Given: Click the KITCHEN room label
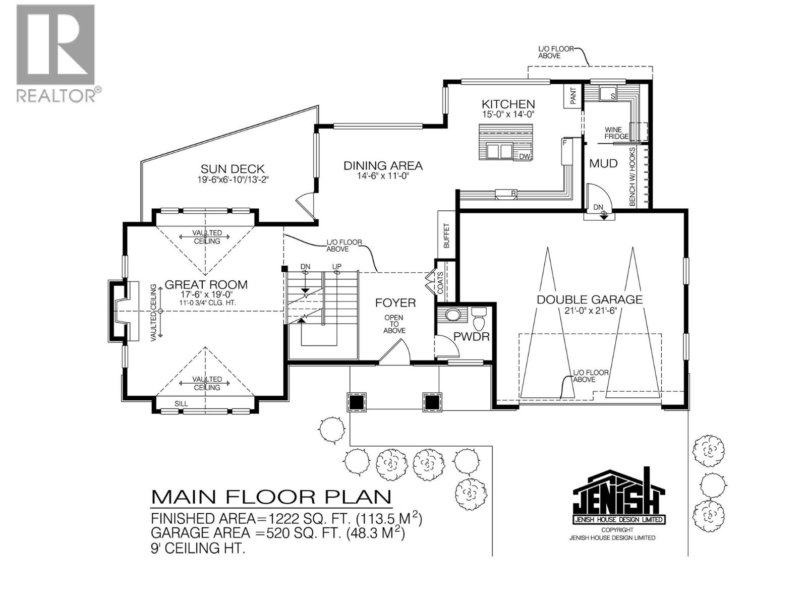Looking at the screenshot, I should tap(507, 104).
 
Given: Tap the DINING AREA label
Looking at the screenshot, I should tap(383, 165).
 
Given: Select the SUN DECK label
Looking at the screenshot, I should tap(233, 169).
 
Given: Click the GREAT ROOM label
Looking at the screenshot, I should tap(206, 284).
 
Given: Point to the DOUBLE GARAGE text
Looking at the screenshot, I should tap(590, 299).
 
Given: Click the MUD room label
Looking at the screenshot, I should tap(603, 163).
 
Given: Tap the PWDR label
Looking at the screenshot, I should tap(471, 336).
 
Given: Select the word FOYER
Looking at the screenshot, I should tap(395, 302).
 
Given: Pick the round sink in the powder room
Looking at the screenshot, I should tap(453, 315).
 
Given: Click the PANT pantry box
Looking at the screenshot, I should tap(573, 96).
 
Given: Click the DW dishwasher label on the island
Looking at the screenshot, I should tap(525, 156).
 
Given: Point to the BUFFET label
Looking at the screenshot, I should tap(446, 235).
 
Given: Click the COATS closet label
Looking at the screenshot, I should tap(441, 282).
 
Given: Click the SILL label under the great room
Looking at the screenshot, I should tap(181, 403).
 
